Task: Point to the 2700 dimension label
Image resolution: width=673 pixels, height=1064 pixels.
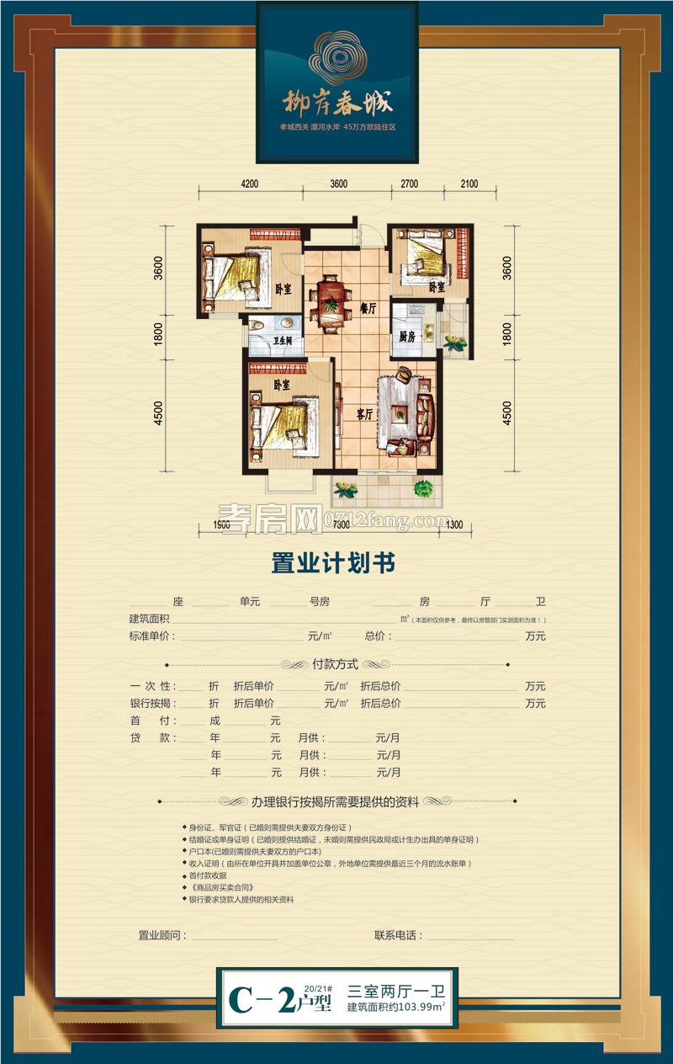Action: pyautogui.click(x=411, y=184)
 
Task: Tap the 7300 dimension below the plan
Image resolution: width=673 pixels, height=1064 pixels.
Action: pyautogui.click(x=341, y=526)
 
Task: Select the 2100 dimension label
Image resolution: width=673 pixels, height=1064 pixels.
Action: pyautogui.click(x=469, y=184)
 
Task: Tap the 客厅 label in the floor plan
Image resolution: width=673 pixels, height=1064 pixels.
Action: pyautogui.click(x=365, y=412)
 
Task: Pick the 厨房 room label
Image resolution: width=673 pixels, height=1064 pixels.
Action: pyautogui.click(x=408, y=337)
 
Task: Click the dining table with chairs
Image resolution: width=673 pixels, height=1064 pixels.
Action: pyautogui.click(x=331, y=301)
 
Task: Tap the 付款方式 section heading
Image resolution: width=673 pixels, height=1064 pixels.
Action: pyautogui.click(x=336, y=663)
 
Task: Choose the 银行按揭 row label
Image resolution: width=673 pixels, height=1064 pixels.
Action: pyautogui.click(x=151, y=703)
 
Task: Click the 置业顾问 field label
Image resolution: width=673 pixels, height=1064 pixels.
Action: pyautogui.click(x=162, y=935)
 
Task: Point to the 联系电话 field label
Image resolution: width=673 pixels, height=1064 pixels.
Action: pyautogui.click(x=398, y=935)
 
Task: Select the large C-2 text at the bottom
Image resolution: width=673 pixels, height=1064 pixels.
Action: pyautogui.click(x=262, y=998)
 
